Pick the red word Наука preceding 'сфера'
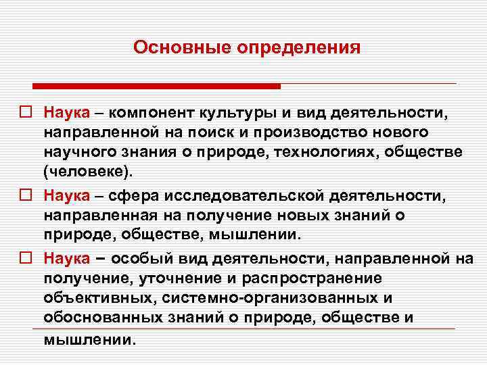(67, 195)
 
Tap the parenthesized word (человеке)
(84, 172)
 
